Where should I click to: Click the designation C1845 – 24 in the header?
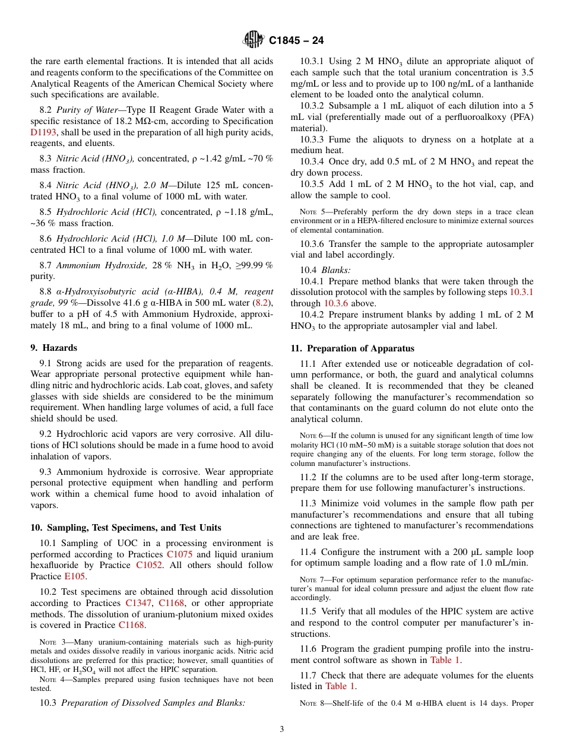pyautogui.click(x=296, y=41)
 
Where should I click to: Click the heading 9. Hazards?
pyautogui.click(x=53, y=348)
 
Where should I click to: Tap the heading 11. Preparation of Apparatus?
pyautogui.click(x=352, y=348)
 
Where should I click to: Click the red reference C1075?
pyautogui.click(x=179, y=554)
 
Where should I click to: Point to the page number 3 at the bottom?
pyautogui.click(x=281, y=729)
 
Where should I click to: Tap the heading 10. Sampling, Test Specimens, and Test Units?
pyautogui.click(x=126, y=527)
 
